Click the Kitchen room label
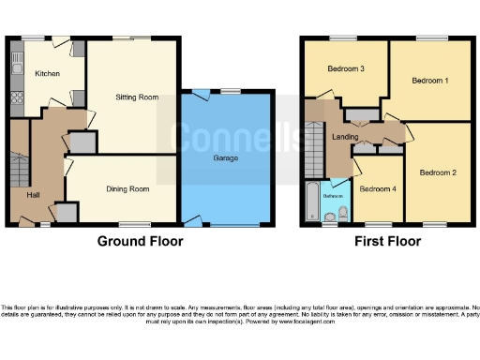pyautogui.click(x=47, y=72)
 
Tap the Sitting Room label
pyautogui.click(x=137, y=97)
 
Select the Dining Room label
pyautogui.click(x=127, y=188)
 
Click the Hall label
pyautogui.click(x=34, y=195)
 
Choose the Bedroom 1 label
pyautogui.click(x=431, y=81)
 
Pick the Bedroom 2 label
pyautogui.click(x=438, y=172)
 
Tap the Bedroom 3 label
pyautogui.click(x=346, y=69)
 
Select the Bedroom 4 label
pyautogui.click(x=379, y=188)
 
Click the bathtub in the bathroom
pyautogui.click(x=311, y=203)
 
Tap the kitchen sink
pyautogui.click(x=15, y=65)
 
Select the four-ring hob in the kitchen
pyautogui.click(x=15, y=97)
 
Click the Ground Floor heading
pyautogui.click(x=141, y=241)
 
